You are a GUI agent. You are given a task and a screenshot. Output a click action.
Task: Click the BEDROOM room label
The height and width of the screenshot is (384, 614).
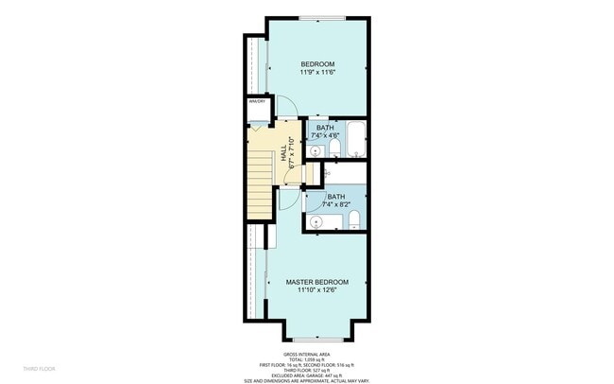317,63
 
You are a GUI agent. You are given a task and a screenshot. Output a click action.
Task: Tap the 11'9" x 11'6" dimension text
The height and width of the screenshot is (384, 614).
317,72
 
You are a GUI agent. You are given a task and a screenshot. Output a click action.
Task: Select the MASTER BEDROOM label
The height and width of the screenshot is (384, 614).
317,282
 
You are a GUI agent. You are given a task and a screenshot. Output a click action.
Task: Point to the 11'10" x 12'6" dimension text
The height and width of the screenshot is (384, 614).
317,290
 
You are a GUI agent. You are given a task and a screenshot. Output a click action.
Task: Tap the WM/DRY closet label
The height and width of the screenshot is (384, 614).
255,101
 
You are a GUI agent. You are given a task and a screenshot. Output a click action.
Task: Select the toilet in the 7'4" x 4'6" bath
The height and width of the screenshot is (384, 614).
321,148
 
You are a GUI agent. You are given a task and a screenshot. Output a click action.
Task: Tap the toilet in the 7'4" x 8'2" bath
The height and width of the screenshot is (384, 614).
353,221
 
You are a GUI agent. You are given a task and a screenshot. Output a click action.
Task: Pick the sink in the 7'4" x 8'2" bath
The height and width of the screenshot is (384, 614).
316,221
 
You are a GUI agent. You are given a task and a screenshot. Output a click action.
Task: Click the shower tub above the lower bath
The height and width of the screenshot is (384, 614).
346,174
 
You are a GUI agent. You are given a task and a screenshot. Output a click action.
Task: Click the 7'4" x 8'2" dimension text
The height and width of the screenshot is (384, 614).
336,204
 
